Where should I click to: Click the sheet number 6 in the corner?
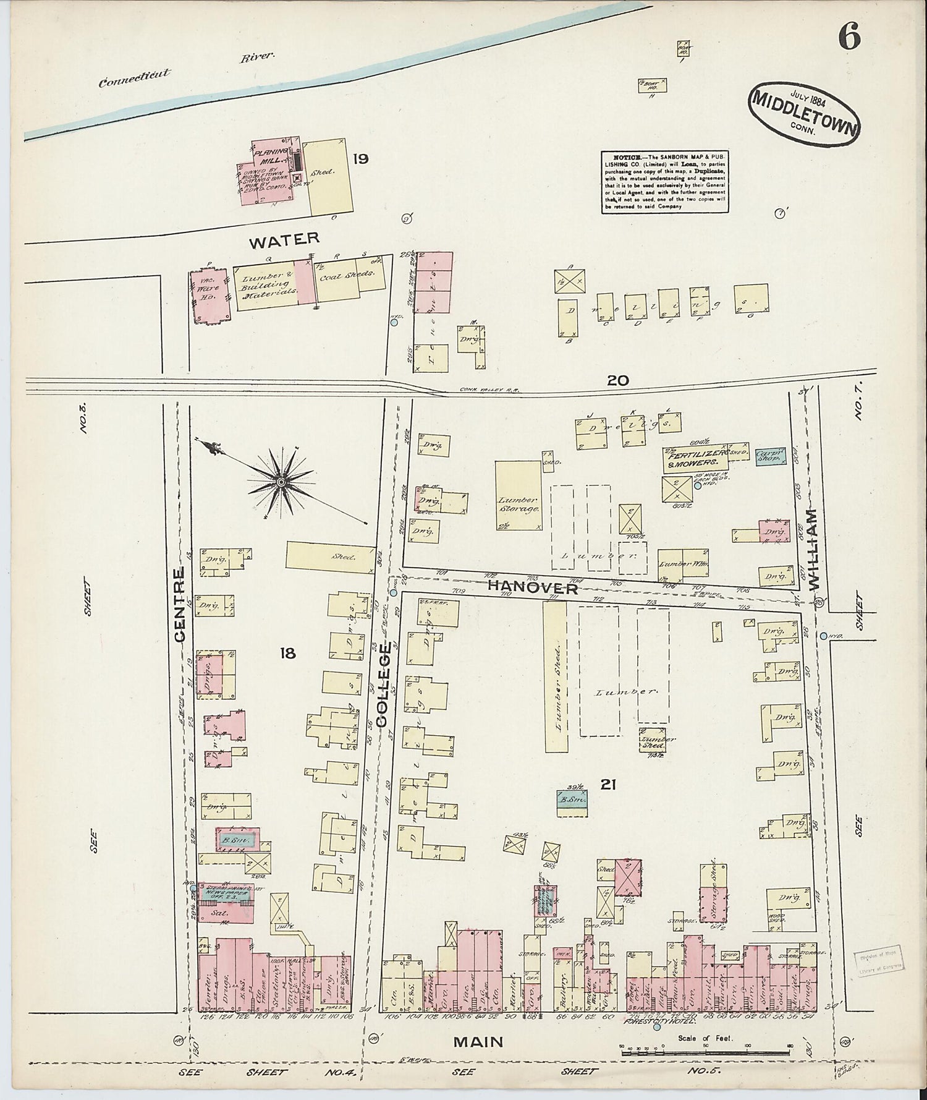pyautogui.click(x=849, y=39)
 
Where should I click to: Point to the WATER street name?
pyautogui.click(x=284, y=240)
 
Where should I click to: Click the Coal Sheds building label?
pyautogui.click(x=347, y=276)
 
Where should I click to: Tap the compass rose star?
pyautogui.click(x=281, y=482)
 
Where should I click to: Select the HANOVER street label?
pyautogui.click(x=532, y=587)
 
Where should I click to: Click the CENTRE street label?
pyautogui.click(x=179, y=605)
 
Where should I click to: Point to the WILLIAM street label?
pyautogui.click(x=811, y=548)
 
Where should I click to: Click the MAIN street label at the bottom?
pyautogui.click(x=478, y=1042)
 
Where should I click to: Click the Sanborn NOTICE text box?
pyautogui.click(x=663, y=182)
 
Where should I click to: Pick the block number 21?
pyautogui.click(x=608, y=784)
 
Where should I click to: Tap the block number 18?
pyautogui.click(x=287, y=653)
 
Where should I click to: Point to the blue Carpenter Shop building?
pyautogui.click(x=769, y=456)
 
